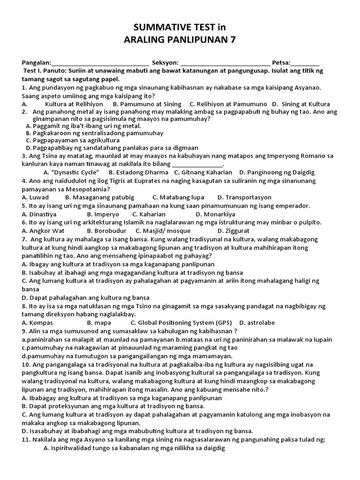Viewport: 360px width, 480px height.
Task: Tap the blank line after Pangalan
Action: pos(100,63)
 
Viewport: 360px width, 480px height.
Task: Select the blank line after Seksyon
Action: pos(225,63)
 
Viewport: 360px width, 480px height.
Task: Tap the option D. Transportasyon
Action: pos(245,197)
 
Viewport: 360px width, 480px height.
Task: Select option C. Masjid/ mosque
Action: pos(163,231)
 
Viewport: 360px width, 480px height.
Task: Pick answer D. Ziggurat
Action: pos(233,231)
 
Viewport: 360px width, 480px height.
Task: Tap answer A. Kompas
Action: pos(37,322)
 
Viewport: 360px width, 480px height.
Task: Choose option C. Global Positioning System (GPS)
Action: pos(181,322)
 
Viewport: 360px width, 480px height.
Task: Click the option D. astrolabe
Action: pos(257,322)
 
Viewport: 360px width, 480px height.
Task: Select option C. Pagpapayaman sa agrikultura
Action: pos(73,140)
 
